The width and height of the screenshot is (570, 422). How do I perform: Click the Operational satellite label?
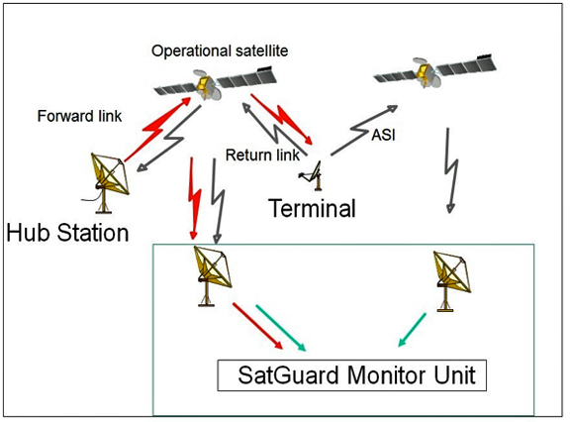click(x=220, y=51)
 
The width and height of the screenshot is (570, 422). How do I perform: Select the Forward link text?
click(x=79, y=116)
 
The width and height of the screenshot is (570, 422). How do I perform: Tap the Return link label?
click(x=262, y=155)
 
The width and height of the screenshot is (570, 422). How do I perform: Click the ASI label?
click(x=383, y=135)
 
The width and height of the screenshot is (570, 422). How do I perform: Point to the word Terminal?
click(x=312, y=208)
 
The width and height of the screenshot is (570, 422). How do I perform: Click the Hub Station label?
click(x=67, y=233)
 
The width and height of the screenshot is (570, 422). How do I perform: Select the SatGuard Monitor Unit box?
click(x=352, y=375)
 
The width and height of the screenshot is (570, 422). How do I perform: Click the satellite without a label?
click(x=434, y=72)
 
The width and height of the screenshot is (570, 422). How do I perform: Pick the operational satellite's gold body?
click(x=203, y=84)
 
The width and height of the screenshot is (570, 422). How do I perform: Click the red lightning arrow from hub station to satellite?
click(x=157, y=129)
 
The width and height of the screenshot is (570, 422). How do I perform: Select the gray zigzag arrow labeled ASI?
click(x=364, y=129)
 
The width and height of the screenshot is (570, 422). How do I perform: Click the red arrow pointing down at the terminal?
click(x=282, y=118)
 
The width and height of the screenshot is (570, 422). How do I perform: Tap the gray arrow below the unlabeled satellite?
click(x=451, y=170)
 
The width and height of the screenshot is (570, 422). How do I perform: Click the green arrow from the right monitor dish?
click(x=412, y=330)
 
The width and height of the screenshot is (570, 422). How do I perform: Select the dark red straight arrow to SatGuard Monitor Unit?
click(x=257, y=326)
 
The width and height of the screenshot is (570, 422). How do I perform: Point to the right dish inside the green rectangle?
click(x=451, y=281)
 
